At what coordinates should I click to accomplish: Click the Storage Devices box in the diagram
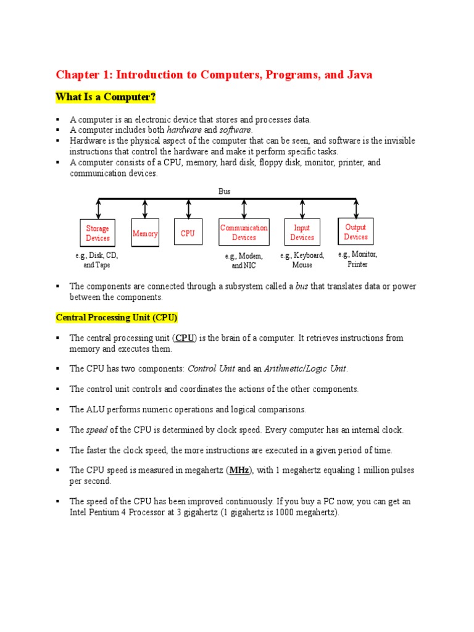coord(98,233)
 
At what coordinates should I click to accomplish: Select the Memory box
coord(145,233)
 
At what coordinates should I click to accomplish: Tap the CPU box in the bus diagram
coord(188,233)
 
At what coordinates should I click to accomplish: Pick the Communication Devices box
coord(244,233)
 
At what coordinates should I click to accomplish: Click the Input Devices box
coord(302,233)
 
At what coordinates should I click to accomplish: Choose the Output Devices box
coord(355,232)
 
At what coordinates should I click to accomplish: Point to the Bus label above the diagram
coord(225,191)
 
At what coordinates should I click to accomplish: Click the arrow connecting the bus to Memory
coord(145,209)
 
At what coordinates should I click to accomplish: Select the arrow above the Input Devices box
coord(302,209)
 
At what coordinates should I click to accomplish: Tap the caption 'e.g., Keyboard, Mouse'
coord(302,260)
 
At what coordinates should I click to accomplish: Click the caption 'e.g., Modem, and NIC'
coord(244,260)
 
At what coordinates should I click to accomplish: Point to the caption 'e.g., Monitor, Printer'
coord(357,259)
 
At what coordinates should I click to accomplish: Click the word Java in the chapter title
coord(358,75)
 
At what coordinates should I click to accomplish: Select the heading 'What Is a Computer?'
coord(106,97)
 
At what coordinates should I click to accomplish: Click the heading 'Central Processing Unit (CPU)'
coord(117,318)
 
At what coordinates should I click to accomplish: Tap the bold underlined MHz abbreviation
coord(239,470)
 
